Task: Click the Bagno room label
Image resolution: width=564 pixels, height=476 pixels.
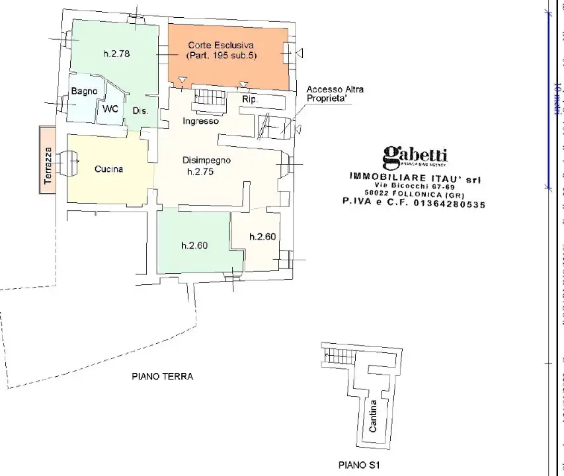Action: tap(85, 91)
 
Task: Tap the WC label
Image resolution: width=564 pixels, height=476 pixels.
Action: tap(110, 109)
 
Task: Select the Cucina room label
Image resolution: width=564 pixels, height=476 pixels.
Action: tap(108, 169)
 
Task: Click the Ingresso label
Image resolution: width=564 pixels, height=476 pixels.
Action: tap(200, 122)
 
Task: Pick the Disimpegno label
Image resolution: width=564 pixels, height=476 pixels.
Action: tap(206, 161)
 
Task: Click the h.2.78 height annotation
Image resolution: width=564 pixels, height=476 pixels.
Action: tap(116, 54)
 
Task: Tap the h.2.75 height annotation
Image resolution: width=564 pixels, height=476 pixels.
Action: tap(200, 172)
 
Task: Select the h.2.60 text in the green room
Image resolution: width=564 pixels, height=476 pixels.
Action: tap(194, 245)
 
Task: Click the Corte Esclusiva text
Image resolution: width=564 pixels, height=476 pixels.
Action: tap(221, 46)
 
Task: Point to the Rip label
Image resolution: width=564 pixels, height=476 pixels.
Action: tap(249, 99)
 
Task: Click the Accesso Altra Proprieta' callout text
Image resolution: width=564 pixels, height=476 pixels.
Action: tap(335, 94)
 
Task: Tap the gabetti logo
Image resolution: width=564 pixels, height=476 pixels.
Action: tap(415, 156)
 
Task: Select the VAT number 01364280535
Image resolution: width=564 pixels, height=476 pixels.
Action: tap(449, 205)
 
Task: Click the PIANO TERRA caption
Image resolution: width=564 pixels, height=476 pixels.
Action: tap(162, 377)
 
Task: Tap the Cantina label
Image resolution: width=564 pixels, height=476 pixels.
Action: tap(373, 416)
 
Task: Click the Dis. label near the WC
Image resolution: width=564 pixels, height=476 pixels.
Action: tap(140, 111)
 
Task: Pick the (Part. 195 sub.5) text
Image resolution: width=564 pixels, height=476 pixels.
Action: tap(221, 56)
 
